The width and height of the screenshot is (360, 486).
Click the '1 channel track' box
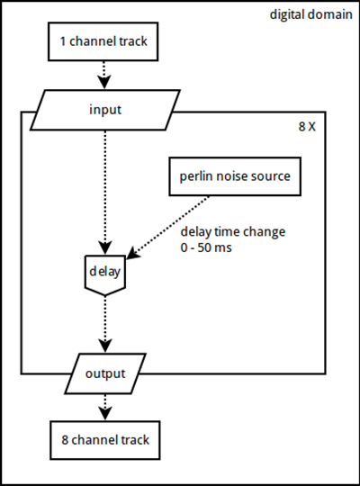tap(103, 41)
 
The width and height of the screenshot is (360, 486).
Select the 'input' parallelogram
tap(105, 110)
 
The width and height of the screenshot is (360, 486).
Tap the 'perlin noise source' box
tap(235, 176)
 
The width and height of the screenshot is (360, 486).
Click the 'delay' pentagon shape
tap(105, 275)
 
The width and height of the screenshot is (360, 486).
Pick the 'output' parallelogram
tap(105, 373)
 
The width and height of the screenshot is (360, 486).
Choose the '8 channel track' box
tap(105, 440)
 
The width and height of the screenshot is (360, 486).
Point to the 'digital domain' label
tap(311, 15)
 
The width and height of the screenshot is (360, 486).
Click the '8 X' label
tap(307, 127)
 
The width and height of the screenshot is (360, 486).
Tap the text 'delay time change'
tap(233, 232)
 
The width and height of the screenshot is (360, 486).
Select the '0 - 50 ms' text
tap(206, 247)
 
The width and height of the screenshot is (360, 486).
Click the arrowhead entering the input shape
tap(104, 83)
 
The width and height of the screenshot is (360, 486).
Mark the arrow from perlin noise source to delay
tap(167, 227)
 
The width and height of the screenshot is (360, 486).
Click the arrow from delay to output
tap(105, 324)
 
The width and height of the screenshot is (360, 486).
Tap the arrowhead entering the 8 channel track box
tap(105, 414)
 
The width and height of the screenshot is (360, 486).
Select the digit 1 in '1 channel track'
tap(63, 41)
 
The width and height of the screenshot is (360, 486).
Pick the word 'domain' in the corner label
tap(332, 14)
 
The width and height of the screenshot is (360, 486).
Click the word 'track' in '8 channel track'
tap(135, 440)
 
